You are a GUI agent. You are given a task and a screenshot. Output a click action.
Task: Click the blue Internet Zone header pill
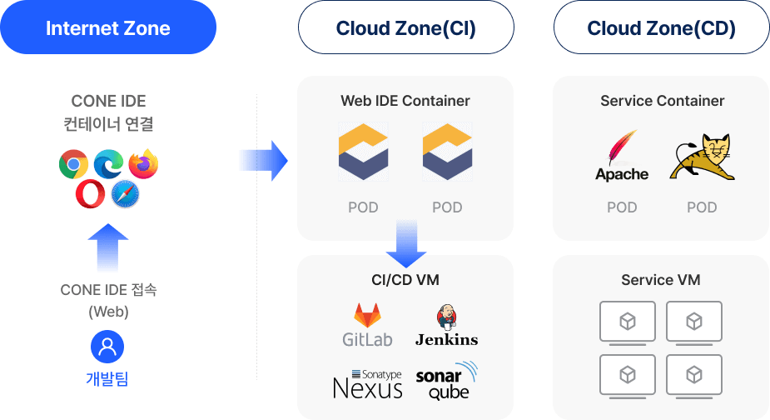click(107, 28)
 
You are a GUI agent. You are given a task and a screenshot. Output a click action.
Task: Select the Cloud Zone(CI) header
click(405, 28)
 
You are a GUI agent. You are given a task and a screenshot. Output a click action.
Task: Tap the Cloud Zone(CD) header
click(661, 28)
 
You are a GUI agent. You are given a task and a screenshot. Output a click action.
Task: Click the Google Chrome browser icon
click(74, 164)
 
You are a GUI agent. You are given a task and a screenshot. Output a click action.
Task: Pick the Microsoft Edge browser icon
click(108, 164)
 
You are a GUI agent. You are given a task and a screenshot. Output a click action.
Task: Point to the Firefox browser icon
click(143, 164)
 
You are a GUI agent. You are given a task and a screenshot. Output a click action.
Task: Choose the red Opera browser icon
click(90, 195)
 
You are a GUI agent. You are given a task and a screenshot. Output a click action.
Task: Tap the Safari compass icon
click(125, 195)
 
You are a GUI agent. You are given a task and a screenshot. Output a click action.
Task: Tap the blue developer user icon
click(108, 347)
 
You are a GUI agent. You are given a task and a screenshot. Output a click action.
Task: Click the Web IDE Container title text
click(405, 101)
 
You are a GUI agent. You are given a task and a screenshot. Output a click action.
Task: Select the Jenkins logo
click(446, 326)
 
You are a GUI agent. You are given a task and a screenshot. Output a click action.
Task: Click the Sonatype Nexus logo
click(367, 383)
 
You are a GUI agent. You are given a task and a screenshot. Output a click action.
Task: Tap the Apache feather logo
click(622, 156)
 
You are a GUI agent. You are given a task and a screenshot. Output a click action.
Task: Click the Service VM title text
click(661, 280)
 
